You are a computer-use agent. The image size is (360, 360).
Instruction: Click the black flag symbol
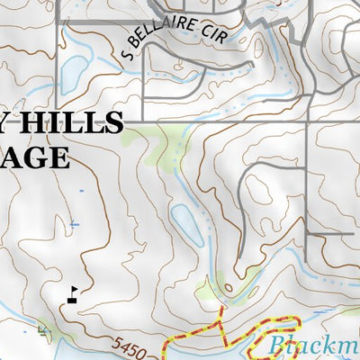click(71, 293)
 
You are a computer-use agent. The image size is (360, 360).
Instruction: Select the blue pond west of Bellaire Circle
click(72, 70)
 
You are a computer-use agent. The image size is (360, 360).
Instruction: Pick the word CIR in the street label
click(215, 33)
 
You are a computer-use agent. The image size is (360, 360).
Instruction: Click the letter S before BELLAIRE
click(125, 54)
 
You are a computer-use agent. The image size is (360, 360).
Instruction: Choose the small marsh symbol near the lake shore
click(44, 331)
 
